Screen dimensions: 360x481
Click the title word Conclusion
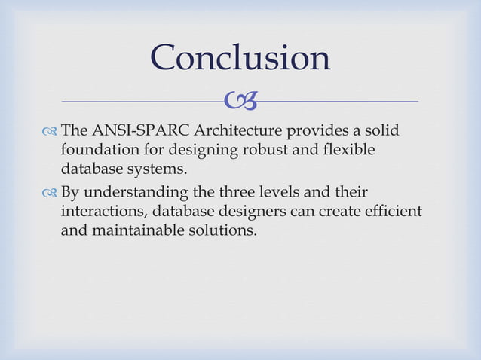point(240,57)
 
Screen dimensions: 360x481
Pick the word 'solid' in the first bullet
point(380,133)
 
